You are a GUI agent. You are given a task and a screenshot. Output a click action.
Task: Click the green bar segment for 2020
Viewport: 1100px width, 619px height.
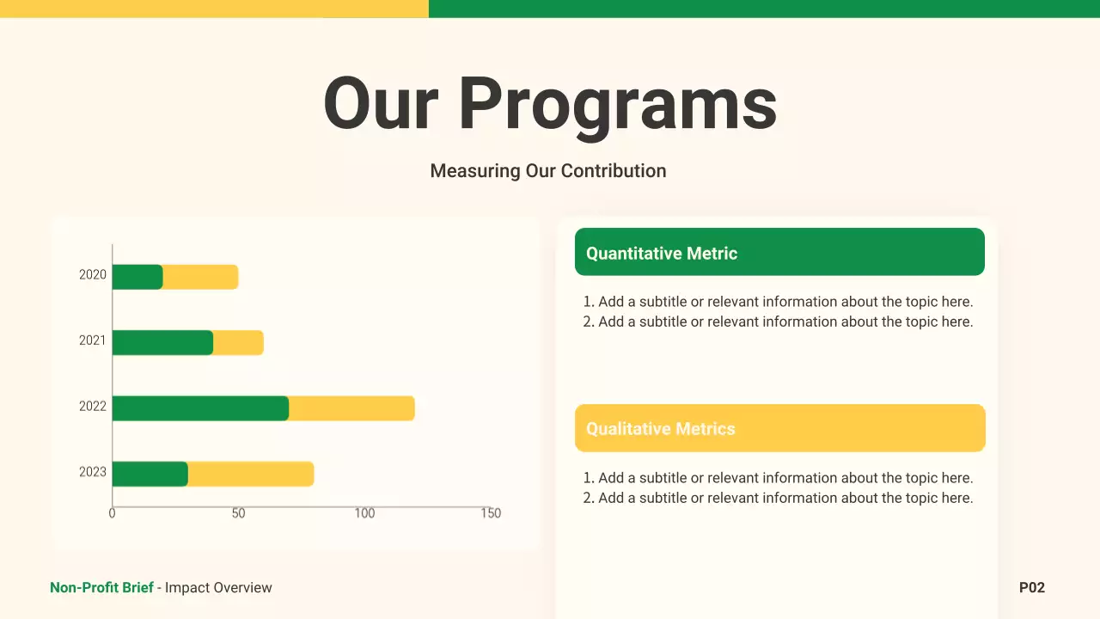(x=137, y=277)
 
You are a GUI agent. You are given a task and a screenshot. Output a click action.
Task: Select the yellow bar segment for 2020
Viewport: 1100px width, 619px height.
(x=200, y=277)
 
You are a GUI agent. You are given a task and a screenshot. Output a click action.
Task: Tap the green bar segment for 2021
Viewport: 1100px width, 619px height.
(x=162, y=343)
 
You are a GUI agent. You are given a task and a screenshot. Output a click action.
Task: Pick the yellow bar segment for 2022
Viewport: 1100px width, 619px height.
(x=351, y=408)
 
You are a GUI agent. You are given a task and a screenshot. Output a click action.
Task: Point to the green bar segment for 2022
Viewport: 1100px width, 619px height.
(x=200, y=408)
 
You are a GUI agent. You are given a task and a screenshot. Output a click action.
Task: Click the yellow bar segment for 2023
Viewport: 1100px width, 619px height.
(x=250, y=474)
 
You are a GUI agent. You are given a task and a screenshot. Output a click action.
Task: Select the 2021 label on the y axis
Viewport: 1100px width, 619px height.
(x=93, y=340)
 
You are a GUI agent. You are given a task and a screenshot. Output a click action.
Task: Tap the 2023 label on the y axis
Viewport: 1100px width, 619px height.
(x=93, y=472)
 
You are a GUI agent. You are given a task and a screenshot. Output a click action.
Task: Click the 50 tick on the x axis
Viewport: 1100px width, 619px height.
(x=238, y=513)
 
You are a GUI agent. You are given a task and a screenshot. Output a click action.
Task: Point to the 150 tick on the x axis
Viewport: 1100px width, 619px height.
(x=490, y=513)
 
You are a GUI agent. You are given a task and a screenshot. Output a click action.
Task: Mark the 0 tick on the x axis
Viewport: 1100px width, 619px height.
(x=113, y=513)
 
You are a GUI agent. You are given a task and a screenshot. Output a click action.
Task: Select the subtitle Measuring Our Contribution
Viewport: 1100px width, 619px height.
(x=548, y=171)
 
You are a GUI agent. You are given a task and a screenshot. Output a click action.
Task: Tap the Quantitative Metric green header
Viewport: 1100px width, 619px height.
(x=779, y=253)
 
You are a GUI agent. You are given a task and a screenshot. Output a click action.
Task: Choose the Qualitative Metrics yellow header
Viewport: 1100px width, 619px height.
(x=779, y=428)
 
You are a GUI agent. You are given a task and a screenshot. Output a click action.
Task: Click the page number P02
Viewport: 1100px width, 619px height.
(x=1031, y=588)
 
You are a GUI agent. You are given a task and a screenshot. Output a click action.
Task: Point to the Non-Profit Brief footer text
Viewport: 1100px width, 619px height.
(x=101, y=588)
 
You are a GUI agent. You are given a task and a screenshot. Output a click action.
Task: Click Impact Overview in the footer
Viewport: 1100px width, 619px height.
(x=218, y=588)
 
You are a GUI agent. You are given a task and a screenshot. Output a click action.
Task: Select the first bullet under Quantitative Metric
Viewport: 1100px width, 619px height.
(x=779, y=302)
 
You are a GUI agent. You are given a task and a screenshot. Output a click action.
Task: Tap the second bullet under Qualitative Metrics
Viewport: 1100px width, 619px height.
(x=779, y=498)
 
